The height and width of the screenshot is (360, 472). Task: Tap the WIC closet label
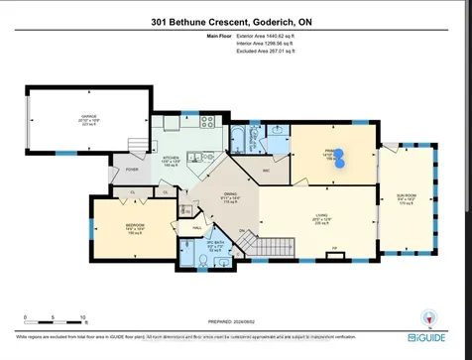click(x=265, y=170)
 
